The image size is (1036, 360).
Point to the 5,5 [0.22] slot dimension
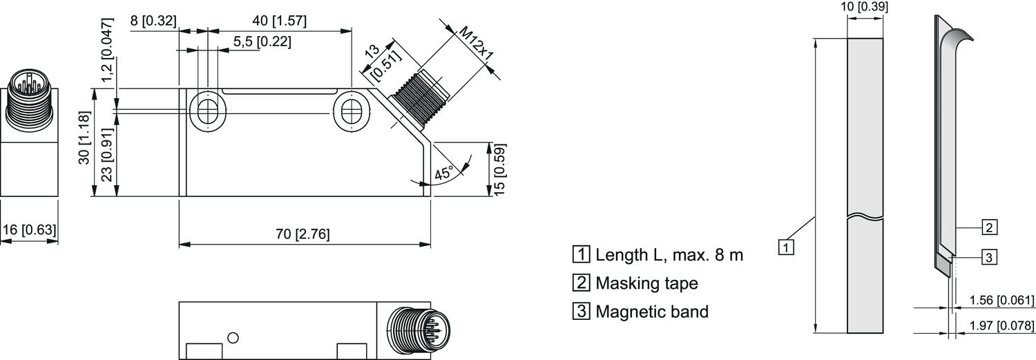click(x=262, y=41)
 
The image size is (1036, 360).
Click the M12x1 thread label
click(x=477, y=44)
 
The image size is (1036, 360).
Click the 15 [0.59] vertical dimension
click(x=499, y=169)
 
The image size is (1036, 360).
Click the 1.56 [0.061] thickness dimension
click(x=1002, y=300)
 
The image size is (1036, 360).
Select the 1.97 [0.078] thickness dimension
click(x=1002, y=325)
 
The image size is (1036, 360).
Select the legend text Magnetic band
click(x=652, y=312)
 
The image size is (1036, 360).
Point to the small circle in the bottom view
click(x=233, y=337)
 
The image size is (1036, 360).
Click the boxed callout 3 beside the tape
click(x=989, y=257)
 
